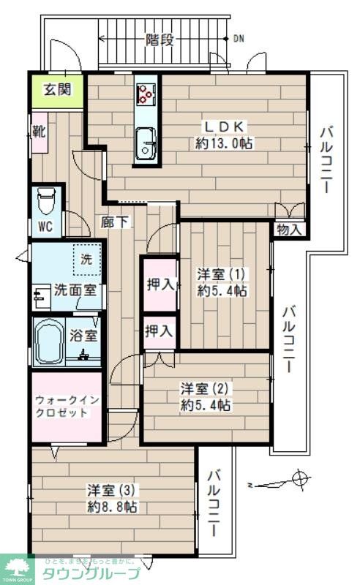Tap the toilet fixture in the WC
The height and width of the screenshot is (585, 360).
[x=46, y=199]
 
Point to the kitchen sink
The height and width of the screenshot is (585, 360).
[x=146, y=138]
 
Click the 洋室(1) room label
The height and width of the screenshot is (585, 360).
[x=222, y=274]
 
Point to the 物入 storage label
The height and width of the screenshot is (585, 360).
[x=289, y=230]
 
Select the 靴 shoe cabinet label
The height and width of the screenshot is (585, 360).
[x=39, y=133]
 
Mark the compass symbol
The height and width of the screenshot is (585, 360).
[x=299, y=480]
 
